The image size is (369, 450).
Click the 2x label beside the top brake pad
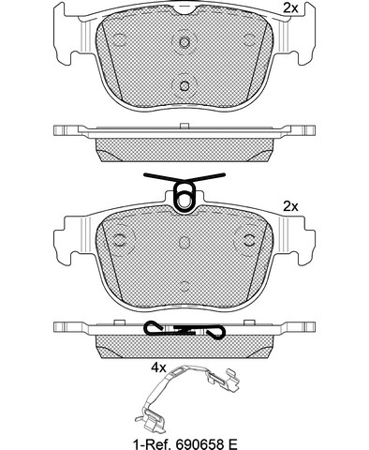coord(290,8)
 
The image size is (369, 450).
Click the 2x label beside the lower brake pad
coord(290,206)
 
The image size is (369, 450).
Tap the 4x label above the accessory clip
coord(158,368)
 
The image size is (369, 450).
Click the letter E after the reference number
coord(233,443)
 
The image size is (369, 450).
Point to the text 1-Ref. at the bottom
coord(153,443)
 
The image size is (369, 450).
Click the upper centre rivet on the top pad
coord(184,41)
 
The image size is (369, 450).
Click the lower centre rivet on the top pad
coord(184,85)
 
